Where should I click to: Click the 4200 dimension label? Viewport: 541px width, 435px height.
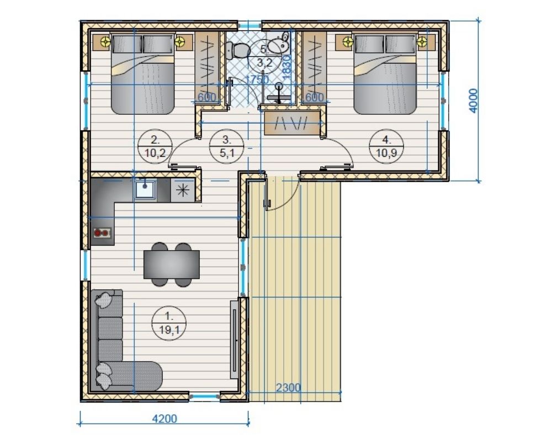click(165, 418)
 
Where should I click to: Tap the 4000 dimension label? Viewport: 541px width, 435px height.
click(474, 100)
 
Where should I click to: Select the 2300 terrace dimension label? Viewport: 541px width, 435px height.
click(288, 388)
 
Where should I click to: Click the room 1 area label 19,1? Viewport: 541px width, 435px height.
click(169, 330)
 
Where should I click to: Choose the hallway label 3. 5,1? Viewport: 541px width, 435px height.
click(227, 146)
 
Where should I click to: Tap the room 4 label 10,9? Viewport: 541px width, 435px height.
click(386, 152)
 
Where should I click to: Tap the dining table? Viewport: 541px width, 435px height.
click(172, 264)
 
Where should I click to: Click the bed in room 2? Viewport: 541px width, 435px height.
click(142, 74)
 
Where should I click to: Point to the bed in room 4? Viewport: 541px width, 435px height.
click(385, 73)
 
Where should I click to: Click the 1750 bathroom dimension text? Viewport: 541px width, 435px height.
click(257, 79)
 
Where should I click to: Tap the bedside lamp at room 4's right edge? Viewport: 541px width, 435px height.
click(422, 42)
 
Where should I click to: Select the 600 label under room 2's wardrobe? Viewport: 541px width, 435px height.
click(206, 97)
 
